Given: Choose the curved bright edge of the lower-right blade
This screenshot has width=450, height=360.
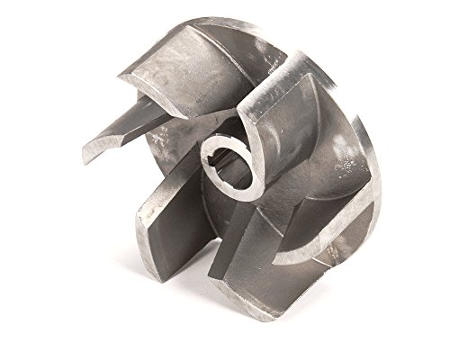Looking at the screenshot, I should click(x=315, y=261).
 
